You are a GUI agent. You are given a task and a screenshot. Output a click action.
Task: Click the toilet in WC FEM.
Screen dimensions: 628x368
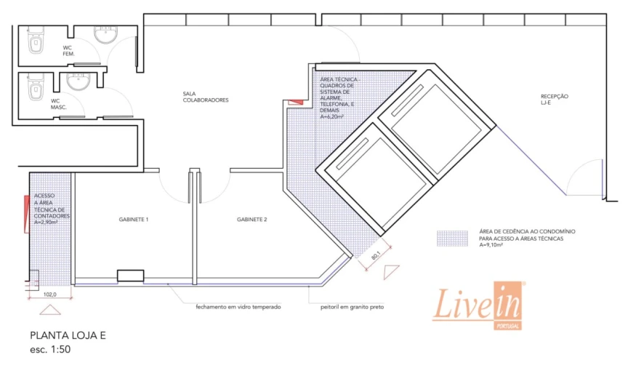(x=35, y=40)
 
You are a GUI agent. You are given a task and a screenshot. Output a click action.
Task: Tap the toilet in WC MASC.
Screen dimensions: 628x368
(x=35, y=87)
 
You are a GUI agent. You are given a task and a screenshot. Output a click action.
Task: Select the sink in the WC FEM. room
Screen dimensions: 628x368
(x=105, y=34)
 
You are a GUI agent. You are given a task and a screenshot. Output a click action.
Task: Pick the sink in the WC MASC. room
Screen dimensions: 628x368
(x=79, y=81)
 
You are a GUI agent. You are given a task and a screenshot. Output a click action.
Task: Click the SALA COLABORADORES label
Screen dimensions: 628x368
(x=206, y=97)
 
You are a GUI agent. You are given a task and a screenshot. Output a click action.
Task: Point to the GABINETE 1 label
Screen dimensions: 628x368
(x=134, y=220)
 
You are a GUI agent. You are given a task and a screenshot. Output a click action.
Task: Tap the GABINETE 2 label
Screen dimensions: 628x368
(x=252, y=220)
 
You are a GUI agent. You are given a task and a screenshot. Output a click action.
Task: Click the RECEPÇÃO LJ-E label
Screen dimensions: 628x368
(x=555, y=100)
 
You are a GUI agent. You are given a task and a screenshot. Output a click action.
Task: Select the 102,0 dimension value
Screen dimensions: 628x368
(x=50, y=295)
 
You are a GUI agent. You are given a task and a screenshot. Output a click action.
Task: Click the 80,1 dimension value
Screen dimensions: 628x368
(x=375, y=255)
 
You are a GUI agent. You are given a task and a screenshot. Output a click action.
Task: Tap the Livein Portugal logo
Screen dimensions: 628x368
(x=478, y=305)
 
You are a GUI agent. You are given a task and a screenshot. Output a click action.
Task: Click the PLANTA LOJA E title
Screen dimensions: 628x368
(x=68, y=335)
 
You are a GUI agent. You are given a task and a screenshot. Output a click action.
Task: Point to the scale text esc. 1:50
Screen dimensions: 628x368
(x=50, y=349)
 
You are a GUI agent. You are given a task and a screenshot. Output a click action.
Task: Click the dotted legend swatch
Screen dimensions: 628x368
(x=452, y=238)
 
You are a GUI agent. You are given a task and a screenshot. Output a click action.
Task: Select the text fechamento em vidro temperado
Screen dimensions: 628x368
(x=238, y=307)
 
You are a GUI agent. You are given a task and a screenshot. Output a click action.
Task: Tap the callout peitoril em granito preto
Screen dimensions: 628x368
(x=352, y=307)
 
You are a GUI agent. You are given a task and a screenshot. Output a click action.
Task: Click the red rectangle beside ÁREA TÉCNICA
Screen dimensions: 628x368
(x=296, y=103)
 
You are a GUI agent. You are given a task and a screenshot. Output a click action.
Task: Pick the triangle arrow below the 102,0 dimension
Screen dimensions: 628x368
(x=50, y=310)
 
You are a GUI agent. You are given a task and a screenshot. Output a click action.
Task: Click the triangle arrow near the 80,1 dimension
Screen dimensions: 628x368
(x=391, y=272)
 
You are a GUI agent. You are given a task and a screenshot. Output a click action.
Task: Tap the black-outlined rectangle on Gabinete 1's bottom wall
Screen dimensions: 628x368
(x=131, y=276)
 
